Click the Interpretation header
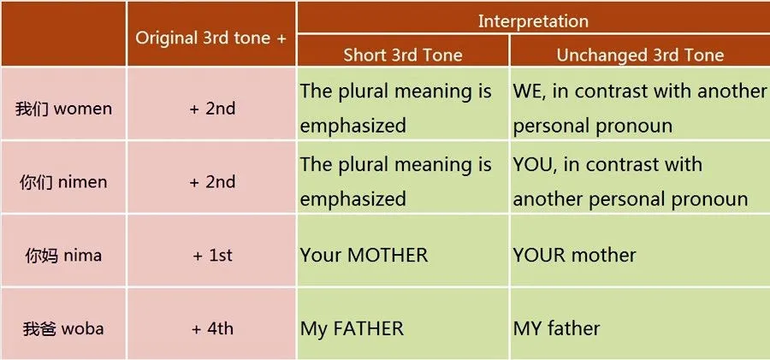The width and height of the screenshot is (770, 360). click(x=532, y=21)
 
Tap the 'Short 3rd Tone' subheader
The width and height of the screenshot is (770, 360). click(x=402, y=56)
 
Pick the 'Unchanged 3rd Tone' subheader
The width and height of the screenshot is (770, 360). click(x=640, y=56)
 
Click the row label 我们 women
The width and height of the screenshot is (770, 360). click(x=63, y=109)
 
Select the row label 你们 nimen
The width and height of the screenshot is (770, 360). click(x=63, y=182)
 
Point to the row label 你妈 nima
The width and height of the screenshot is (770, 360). click(x=63, y=255)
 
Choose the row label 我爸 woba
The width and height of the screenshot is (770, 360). click(x=63, y=328)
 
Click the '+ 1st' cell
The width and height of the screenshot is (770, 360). click(x=211, y=255)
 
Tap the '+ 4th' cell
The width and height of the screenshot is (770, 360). click(x=211, y=328)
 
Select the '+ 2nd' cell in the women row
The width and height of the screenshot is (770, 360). click(x=211, y=109)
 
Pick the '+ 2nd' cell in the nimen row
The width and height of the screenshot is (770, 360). click(x=211, y=182)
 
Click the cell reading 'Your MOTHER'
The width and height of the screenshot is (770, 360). click(x=364, y=255)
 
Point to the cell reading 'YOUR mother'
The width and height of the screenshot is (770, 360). click(x=575, y=255)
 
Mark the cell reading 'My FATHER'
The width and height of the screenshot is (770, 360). click(x=352, y=328)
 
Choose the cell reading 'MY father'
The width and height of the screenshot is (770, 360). click(x=557, y=328)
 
